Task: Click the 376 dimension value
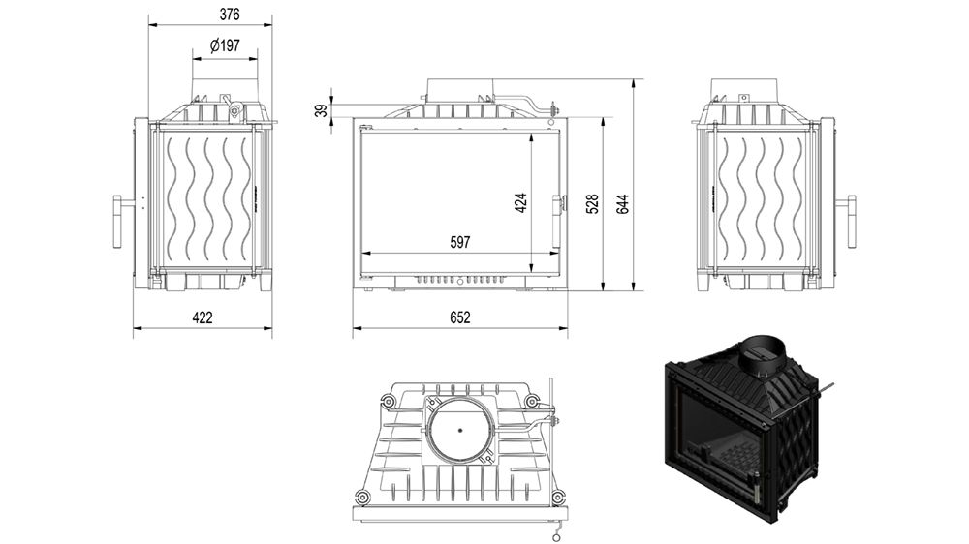point(229,15)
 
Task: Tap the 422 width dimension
point(202,317)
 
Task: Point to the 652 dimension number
point(459,317)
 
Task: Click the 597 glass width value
point(459,243)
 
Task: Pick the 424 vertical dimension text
point(521,203)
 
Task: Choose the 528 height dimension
point(593,203)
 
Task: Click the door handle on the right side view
point(851,220)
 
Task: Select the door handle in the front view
point(557,205)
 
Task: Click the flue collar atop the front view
point(461,89)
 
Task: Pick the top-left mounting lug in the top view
point(392,400)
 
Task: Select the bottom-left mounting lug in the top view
point(362,497)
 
